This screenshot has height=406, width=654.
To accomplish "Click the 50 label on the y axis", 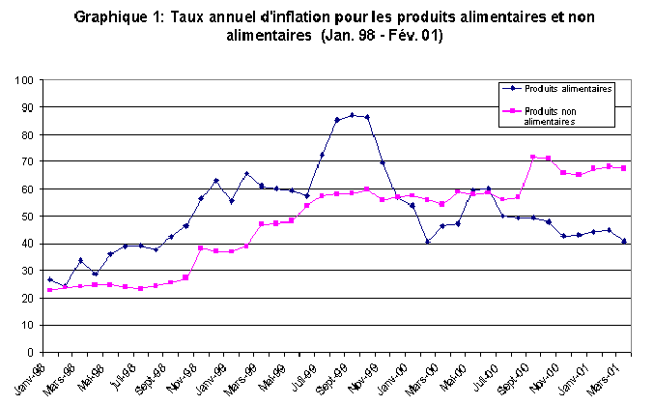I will pos(28,216).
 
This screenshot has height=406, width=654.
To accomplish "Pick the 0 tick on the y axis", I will pos(31,352).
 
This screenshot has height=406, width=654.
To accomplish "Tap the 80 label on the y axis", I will pos(28,133).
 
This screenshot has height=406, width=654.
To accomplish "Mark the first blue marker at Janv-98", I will pos(49,279).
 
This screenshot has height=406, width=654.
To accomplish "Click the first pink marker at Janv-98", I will pos(49,290).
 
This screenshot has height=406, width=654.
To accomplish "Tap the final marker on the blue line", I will pos(624,241).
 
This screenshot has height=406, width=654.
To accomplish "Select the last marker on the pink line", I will pos(624,168).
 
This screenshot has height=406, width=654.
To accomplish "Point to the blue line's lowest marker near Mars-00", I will pos(427,241).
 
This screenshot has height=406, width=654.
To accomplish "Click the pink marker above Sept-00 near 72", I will pos(532,157).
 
